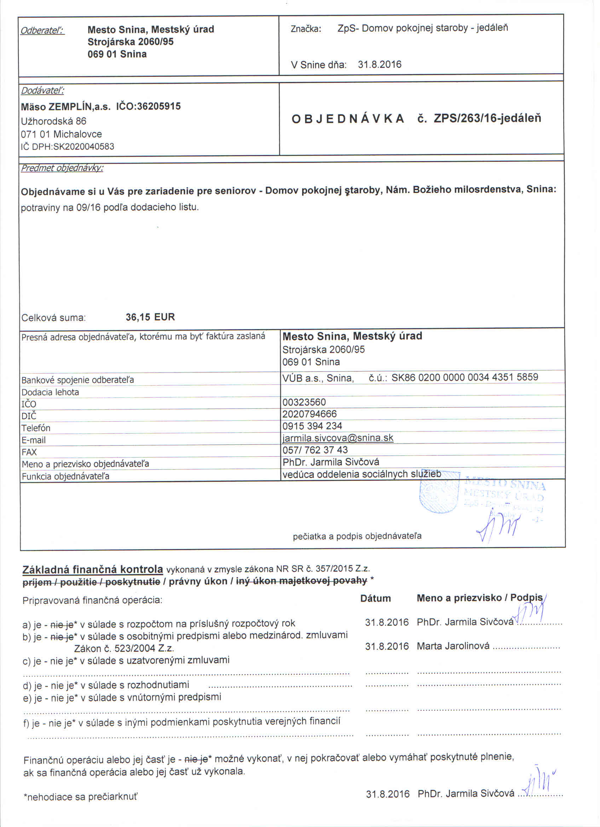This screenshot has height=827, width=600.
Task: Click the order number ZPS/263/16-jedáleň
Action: pyautogui.click(x=487, y=119)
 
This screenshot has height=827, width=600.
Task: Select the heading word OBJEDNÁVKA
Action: pyautogui.click(x=348, y=119)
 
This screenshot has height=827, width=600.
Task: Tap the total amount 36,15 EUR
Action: pyautogui.click(x=150, y=317)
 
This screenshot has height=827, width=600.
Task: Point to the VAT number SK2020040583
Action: pyautogui.click(x=83, y=147)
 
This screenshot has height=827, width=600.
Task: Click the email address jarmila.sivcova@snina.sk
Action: pyautogui.click(x=338, y=438)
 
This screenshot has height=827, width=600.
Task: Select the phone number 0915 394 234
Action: pyautogui.click(x=312, y=426)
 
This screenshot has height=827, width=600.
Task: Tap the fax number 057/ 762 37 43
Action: pyautogui.click(x=315, y=450)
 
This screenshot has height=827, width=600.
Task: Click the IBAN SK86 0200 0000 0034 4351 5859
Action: pyautogui.click(x=465, y=377)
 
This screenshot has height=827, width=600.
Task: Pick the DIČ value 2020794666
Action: pyautogui.click(x=309, y=414)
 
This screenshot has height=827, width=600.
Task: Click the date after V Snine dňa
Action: pyautogui.click(x=379, y=64)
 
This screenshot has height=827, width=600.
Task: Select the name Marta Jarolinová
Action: pyautogui.click(x=453, y=646)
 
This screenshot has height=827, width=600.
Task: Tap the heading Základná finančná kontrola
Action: pyautogui.click(x=93, y=569)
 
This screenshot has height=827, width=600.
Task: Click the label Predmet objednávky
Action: pyautogui.click(x=62, y=168)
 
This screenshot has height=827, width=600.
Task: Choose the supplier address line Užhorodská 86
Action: pyautogui.click(x=53, y=121)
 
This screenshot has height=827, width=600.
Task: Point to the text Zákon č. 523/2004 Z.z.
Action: pyautogui.click(x=124, y=649)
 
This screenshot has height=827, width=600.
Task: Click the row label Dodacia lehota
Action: pyautogui.click(x=50, y=392)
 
